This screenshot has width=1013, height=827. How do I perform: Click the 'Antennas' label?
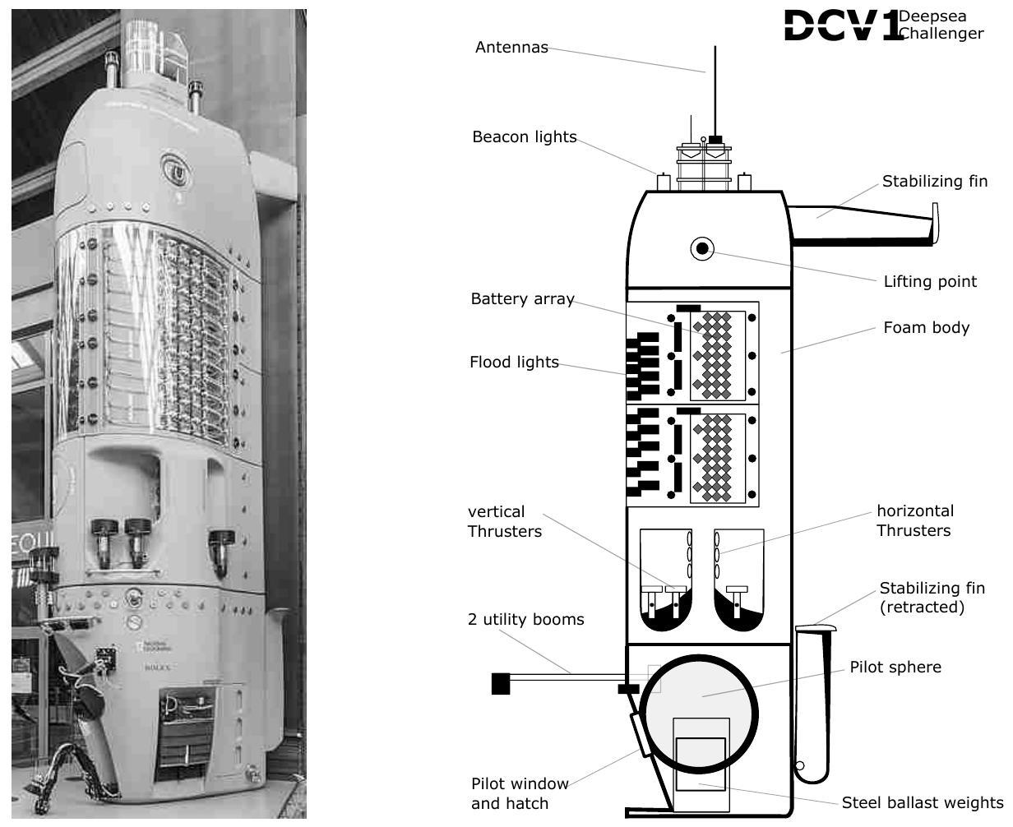(511, 47)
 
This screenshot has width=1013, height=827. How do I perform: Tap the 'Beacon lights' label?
(525, 136)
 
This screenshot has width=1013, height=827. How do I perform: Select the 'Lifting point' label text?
(930, 281)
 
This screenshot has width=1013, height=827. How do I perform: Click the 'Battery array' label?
(523, 298)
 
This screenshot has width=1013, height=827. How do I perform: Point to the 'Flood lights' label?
(514, 362)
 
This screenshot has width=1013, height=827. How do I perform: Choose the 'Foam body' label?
(927, 327)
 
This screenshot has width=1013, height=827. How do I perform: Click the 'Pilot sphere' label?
(895, 667)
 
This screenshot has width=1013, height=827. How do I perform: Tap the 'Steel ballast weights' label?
(923, 802)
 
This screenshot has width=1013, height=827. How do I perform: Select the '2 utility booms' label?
(526, 620)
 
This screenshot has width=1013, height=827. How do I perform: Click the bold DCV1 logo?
(844, 25)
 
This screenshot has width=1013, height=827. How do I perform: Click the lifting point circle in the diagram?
(702, 249)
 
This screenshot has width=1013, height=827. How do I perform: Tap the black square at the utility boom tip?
(501, 683)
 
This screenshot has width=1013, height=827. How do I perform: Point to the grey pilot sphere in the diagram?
(700, 714)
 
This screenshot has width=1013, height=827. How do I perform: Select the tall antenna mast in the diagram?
(715, 91)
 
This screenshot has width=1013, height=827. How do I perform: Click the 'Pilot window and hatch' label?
(520, 793)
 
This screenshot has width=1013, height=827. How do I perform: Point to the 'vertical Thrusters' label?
(504, 521)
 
